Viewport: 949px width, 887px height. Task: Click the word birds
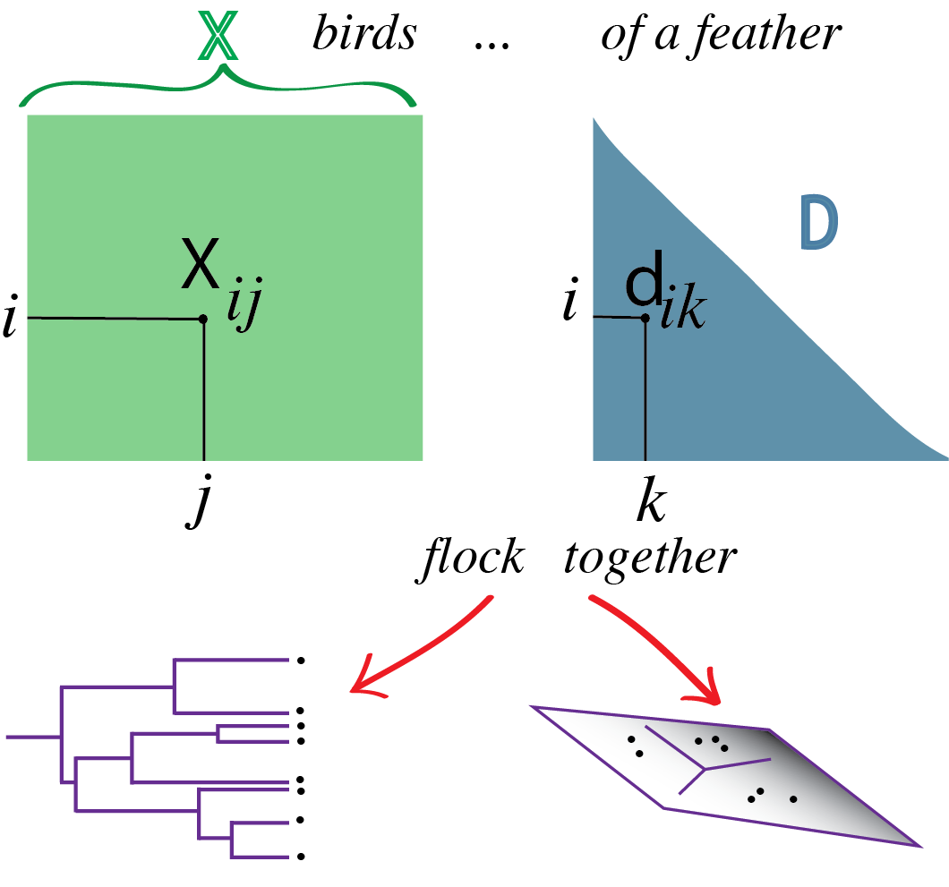(x=364, y=34)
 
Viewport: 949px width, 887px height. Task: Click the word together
(x=650, y=559)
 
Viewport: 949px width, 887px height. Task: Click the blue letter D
(x=818, y=223)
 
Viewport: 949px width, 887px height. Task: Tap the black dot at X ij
(x=203, y=319)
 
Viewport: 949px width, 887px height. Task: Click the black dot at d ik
(x=645, y=317)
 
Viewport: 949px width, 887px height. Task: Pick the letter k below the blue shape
(x=649, y=505)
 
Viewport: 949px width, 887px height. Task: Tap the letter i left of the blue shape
(x=569, y=303)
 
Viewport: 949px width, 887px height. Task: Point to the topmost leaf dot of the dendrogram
(x=301, y=661)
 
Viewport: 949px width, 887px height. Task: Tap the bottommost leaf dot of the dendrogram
(x=301, y=857)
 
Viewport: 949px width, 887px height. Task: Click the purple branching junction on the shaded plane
(x=705, y=768)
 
